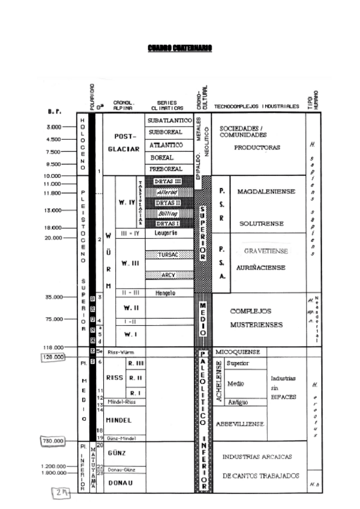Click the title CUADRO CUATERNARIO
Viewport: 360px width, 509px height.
click(179, 48)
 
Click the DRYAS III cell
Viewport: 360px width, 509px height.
click(169, 181)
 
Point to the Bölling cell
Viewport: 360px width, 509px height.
click(169, 212)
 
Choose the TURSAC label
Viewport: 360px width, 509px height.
click(169, 254)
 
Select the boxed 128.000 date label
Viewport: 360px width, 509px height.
click(52, 357)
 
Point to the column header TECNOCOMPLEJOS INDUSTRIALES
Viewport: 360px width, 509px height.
click(256, 106)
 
